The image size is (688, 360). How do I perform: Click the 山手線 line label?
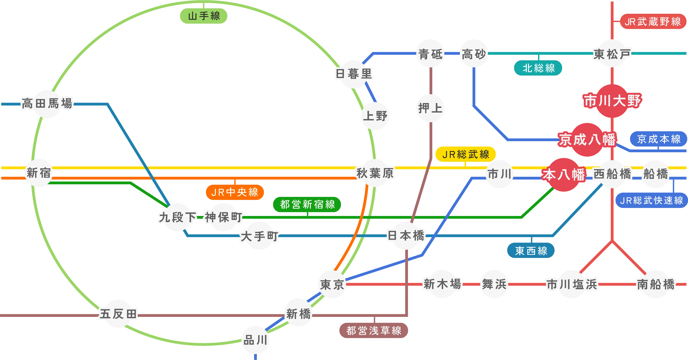pos(204,16)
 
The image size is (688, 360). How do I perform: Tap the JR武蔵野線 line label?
pos(653,22)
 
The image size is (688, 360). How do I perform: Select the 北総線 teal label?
pos(539,68)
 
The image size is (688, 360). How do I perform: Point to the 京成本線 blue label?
pos(659,139)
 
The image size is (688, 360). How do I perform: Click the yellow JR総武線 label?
pos(465,154)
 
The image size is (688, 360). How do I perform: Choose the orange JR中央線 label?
pos(235,192)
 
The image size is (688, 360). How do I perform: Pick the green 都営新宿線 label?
pos(307,205)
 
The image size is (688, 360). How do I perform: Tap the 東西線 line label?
pos(531,251)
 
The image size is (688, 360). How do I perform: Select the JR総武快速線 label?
pos(651,200)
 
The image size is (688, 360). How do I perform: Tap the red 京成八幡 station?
pos(587,139)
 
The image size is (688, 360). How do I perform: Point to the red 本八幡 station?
pos(563,175)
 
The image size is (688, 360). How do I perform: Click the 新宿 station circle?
pos(39,173)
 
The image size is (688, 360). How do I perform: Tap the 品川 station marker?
pos(255,340)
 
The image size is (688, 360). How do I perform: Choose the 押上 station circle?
pos(430,108)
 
